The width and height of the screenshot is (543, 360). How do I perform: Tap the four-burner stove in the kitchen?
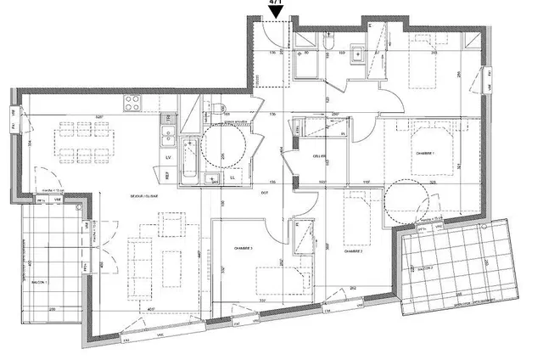pyautogui.click(x=135, y=104)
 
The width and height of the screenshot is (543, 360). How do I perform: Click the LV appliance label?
pyautogui.click(x=168, y=157)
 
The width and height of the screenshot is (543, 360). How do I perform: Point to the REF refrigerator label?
pyautogui.click(x=168, y=176)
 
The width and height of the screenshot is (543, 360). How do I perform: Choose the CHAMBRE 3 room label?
pyautogui.click(x=245, y=249)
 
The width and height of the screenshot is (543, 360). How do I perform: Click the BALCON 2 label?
pyautogui.click(x=423, y=266)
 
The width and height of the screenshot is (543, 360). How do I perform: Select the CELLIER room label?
pyautogui.click(x=319, y=156)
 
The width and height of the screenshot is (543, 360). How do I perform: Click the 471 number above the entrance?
pyautogui.click(x=276, y=3)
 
